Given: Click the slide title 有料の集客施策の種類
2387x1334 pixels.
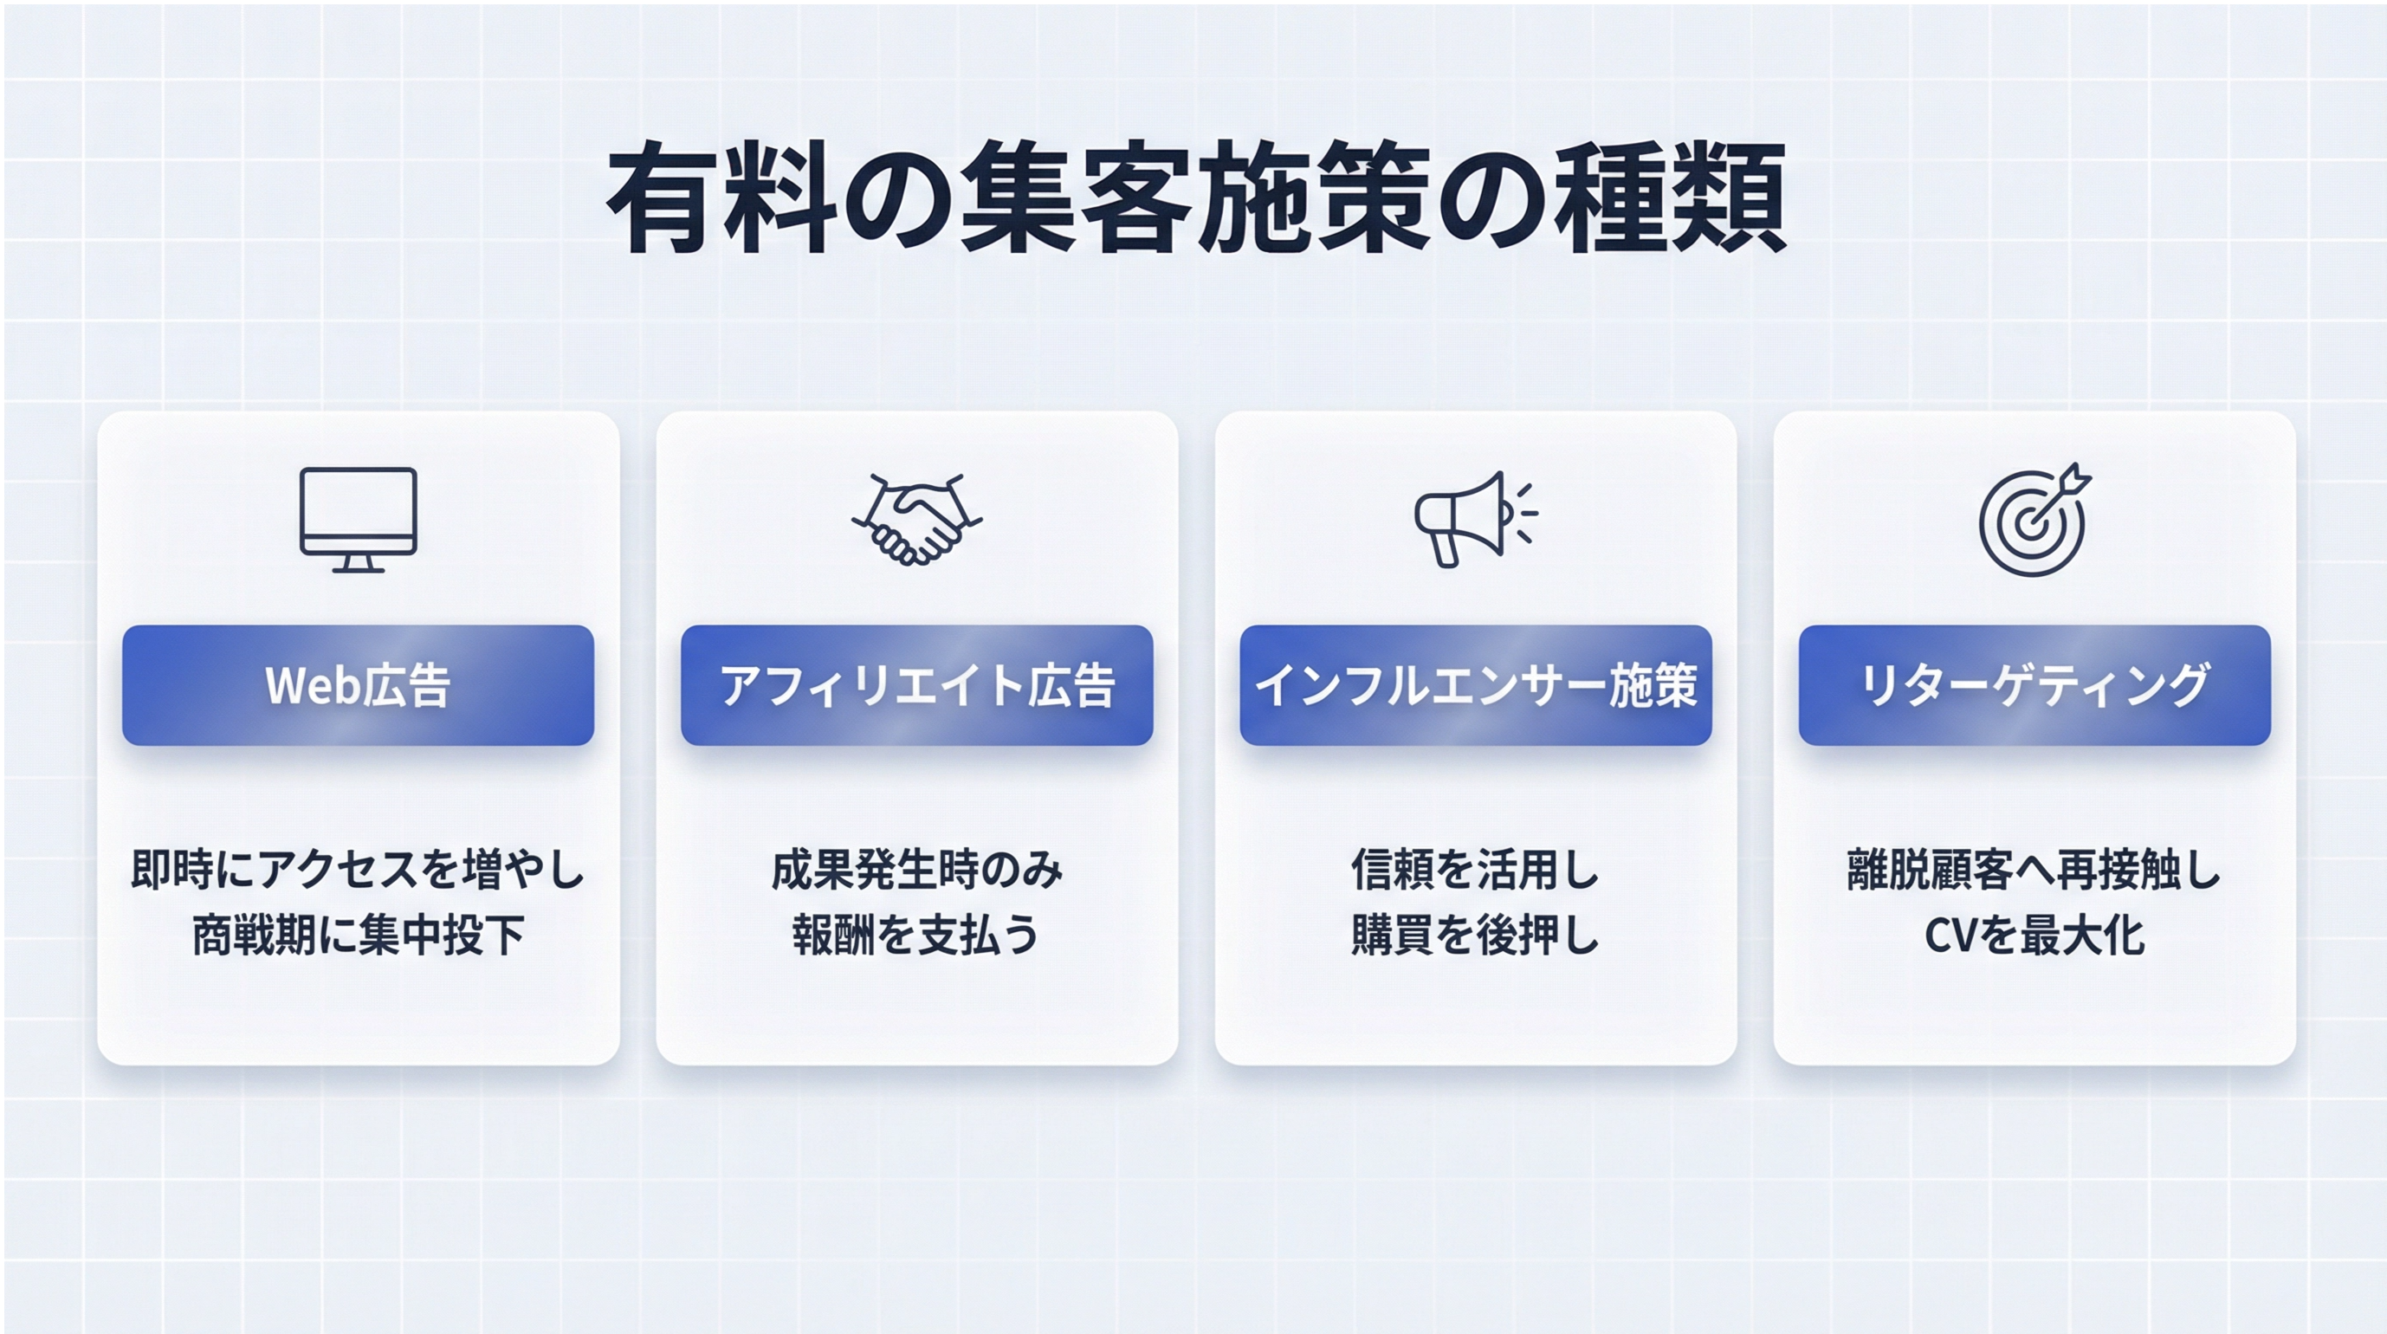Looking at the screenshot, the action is [1195, 198].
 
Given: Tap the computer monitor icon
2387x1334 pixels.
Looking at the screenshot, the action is [358, 519].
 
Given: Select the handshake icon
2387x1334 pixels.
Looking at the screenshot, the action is [916, 519].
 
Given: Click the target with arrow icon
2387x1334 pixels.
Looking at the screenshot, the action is [2034, 519].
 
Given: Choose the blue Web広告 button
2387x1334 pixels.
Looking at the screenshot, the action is [358, 685].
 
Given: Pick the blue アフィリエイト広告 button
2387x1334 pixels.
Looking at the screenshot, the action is [916, 685].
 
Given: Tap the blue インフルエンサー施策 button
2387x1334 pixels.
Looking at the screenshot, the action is [1475, 685].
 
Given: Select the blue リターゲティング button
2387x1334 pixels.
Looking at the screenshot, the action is [2034, 685].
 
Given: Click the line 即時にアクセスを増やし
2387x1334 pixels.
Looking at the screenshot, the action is [358, 870].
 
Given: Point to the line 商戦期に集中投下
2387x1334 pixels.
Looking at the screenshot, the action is [358, 935].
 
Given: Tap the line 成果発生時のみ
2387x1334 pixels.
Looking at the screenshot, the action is [916, 870].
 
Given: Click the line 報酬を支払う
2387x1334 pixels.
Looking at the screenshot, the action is [916, 935].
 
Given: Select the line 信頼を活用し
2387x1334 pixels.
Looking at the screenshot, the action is [1475, 870].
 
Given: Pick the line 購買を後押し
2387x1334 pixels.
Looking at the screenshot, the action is [1475, 935].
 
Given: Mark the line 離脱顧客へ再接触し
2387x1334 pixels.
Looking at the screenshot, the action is [2034, 870].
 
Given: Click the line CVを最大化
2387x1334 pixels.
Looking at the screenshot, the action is [2034, 935].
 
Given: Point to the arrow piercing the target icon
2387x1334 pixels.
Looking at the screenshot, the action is [2059, 497].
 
